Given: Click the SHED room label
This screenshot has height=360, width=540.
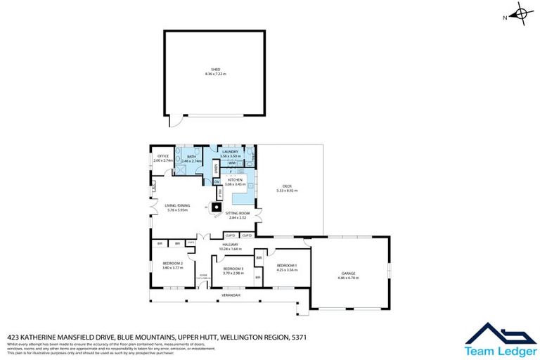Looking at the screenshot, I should tap(216, 70).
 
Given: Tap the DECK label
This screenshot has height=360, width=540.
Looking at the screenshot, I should tap(287, 187).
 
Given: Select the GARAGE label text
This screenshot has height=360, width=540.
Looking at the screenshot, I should tap(348, 274).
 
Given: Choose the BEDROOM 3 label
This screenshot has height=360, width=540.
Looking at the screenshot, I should tap(233, 269).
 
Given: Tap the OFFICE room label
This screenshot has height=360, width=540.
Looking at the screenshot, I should tap(163, 157).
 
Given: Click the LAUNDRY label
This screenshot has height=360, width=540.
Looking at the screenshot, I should tap(231, 151).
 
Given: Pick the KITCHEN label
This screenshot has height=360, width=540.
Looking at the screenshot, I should tap(235, 180).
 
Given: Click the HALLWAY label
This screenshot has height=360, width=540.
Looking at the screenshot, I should tap(230, 245).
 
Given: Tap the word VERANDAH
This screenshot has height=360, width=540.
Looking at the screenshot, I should tap(231, 295).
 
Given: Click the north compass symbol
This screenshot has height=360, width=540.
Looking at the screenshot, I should tap(521, 13).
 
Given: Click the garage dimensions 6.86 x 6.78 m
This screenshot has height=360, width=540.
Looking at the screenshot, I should tap(348, 278).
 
